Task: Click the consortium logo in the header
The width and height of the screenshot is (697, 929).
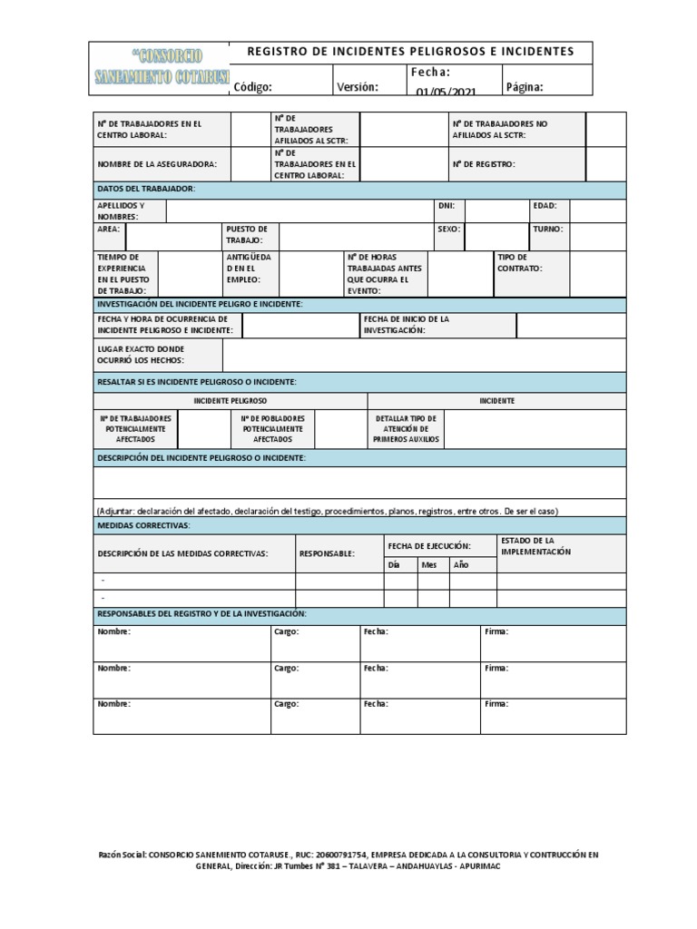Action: coord(162,68)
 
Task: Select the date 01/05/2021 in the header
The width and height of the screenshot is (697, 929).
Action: coord(446,91)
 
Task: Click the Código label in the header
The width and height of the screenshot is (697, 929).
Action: coord(253,87)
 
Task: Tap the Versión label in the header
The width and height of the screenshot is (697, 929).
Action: coord(358,87)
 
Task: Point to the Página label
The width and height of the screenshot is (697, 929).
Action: coord(525,87)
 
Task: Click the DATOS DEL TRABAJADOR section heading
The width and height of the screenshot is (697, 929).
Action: coord(146,189)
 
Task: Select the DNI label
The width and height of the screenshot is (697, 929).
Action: coord(446,206)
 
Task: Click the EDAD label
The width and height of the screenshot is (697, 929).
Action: coord(545,206)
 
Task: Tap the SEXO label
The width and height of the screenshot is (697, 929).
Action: coord(448,230)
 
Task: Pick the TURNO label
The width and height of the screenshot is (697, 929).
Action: coord(547,230)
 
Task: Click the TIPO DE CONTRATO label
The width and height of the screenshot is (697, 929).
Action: coord(519,263)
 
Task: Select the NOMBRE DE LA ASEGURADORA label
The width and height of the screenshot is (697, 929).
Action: coord(157,164)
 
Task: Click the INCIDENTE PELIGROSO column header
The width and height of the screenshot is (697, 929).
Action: coord(231,400)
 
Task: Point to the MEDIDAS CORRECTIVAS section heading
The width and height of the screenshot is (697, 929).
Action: coord(142,525)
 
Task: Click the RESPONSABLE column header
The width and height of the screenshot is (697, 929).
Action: coord(327,553)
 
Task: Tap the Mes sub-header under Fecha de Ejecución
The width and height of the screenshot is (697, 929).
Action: coord(428,564)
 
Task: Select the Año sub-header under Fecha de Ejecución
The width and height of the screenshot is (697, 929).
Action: coord(461,564)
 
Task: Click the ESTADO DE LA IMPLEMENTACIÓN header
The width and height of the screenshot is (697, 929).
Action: coord(535,546)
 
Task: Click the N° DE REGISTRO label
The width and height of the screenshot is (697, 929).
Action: coord(483,164)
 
